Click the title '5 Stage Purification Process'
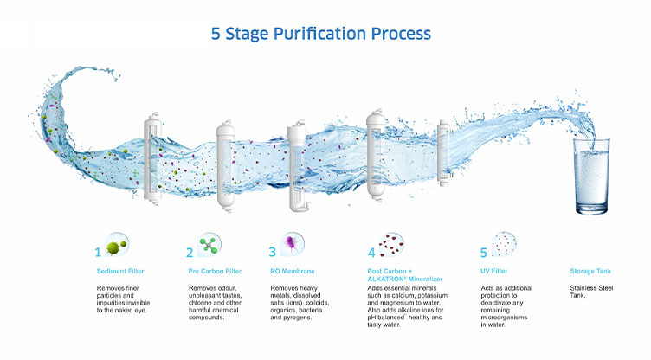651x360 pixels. (x=321, y=34)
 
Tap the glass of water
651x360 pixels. (x=591, y=176)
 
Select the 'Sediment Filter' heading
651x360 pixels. (x=120, y=271)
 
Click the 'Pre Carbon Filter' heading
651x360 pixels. (x=215, y=271)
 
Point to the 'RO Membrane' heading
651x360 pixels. (x=293, y=271)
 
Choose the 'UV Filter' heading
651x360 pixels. (x=494, y=271)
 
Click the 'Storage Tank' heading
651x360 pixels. (x=590, y=271)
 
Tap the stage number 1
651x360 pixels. (x=98, y=252)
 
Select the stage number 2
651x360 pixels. (x=190, y=252)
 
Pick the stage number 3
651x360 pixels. (x=273, y=252)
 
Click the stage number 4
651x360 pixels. (x=371, y=252)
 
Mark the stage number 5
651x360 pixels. (x=484, y=252)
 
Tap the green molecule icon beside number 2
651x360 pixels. (x=209, y=245)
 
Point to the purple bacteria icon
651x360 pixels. (x=292, y=244)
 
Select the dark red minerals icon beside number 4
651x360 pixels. (x=391, y=244)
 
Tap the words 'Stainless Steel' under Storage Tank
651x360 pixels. (x=591, y=288)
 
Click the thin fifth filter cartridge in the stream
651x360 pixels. (x=444, y=152)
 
